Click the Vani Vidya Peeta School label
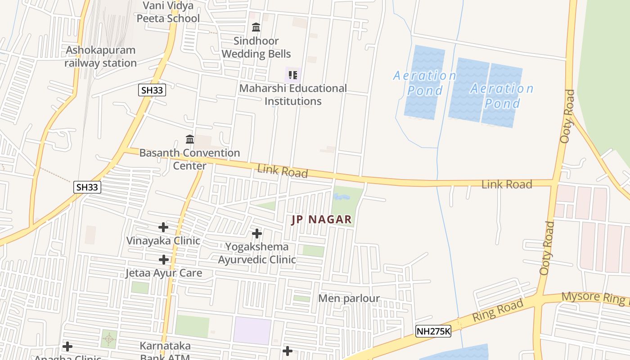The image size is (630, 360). pos(168,12)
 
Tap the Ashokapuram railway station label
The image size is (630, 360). pos(100,57)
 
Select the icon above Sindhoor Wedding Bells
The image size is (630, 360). pos(256,27)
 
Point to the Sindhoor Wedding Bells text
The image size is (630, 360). pos(256,47)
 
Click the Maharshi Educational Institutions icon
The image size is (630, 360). pos(293,75)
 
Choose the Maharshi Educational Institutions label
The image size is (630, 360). pos(293,94)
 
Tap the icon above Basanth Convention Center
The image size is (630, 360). pos(190,139)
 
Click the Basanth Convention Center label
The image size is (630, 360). pos(189,159)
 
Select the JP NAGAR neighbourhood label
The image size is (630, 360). pos(321,220)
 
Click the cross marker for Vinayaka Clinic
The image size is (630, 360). pos(163,227)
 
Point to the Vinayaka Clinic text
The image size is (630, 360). pos(163,241)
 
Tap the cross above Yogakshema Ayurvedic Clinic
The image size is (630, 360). pos(257,234)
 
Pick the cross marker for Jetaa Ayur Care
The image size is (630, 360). pos(164,260)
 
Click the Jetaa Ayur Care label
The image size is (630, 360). pos(164,273)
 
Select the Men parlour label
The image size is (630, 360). pos(349,298)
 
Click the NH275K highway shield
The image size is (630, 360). pos(433,331)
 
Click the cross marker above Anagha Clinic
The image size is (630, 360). pos(67,346)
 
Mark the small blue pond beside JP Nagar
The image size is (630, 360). pos(340,197)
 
